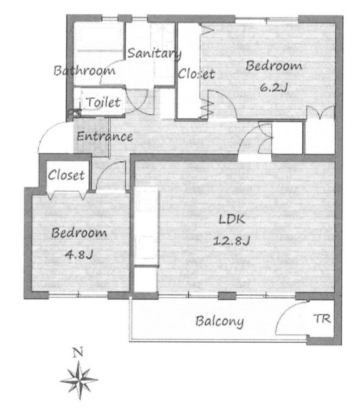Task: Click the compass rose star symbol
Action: tap(79, 380)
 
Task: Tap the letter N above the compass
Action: tap(78, 352)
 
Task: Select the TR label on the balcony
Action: tap(322, 318)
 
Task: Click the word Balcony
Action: tap(220, 322)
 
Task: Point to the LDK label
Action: tap(231, 220)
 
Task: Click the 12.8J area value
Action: tap(231, 241)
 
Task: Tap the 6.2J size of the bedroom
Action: tap(274, 88)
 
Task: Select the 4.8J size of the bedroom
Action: tap(79, 254)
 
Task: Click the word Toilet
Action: tap(103, 102)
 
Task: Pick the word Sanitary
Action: tap(154, 53)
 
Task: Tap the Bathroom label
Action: tap(84, 71)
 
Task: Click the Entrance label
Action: tap(105, 137)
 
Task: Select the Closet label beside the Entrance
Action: tap(66, 175)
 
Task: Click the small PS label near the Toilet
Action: tap(74, 113)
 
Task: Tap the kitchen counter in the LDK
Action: tap(146, 226)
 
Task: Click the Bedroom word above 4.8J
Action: tap(79, 233)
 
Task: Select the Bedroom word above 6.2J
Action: tap(274, 66)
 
